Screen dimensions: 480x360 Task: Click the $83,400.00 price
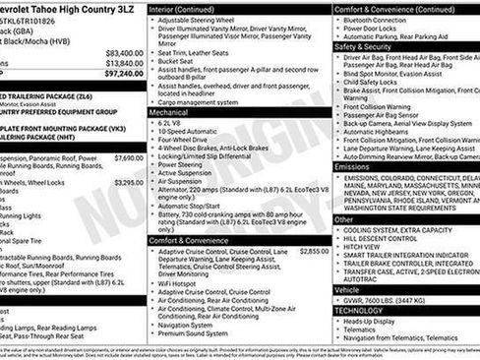[124, 53]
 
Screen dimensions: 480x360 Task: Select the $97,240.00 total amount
[124, 73]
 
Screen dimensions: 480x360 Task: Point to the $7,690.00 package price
[128, 157]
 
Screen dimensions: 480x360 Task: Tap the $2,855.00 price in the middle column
[314, 252]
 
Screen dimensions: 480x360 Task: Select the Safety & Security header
[363, 46]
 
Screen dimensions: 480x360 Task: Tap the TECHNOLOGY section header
[360, 310]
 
